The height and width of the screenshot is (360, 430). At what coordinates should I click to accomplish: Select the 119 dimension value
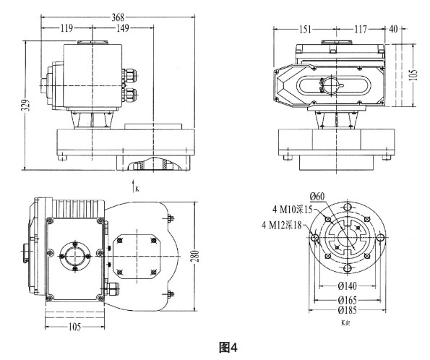(66, 30)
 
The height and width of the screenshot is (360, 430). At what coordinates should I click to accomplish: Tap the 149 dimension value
(122, 30)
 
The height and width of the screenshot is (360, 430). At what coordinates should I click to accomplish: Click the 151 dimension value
(305, 30)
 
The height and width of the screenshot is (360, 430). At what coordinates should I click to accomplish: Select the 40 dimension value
(394, 30)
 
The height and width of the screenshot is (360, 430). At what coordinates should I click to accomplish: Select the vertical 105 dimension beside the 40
(414, 75)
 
